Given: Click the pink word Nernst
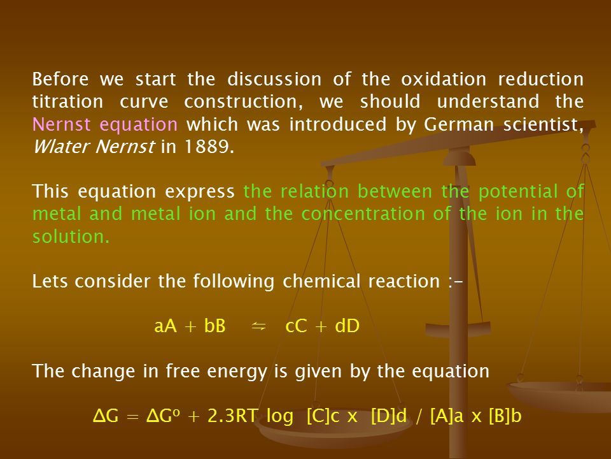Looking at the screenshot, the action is pos(61,124).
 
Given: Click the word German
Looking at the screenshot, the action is pos(459,124).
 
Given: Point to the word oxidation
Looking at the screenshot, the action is pos(444,79).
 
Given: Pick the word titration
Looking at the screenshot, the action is pos(67,102).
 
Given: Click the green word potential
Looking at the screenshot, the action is pos(518,192).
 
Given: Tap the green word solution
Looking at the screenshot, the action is pos(71,237).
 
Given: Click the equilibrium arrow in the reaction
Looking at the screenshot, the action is pos(259,326).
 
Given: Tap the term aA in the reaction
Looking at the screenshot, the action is pos(165,326).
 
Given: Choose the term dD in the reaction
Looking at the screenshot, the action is pos(347,326).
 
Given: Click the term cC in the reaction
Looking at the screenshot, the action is pos(296,326).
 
